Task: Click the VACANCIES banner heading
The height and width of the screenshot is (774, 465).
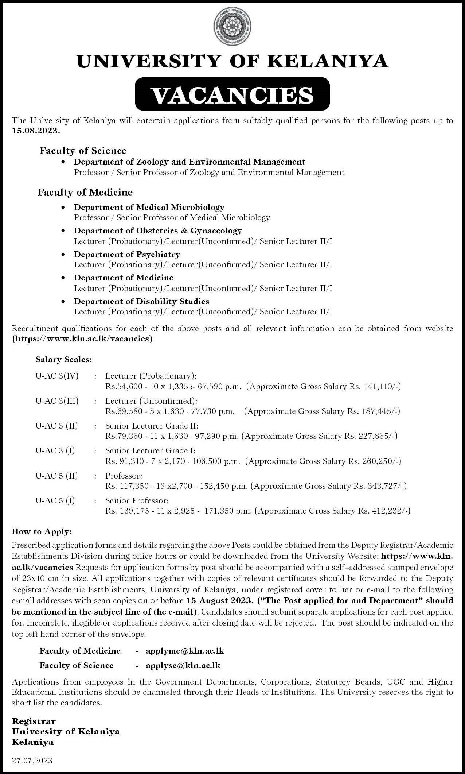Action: click(x=232, y=95)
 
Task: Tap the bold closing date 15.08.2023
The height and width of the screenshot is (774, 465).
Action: click(x=35, y=131)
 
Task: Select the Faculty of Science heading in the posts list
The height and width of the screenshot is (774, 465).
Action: click(x=83, y=150)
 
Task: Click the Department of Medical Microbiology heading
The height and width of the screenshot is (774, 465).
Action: click(x=149, y=207)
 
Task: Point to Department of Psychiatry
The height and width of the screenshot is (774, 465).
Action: click(x=127, y=254)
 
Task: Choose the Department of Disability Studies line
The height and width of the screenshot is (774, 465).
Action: click(x=141, y=301)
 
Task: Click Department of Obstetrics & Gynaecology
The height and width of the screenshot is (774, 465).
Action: click(x=158, y=231)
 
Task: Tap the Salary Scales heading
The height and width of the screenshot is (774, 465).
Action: click(x=64, y=360)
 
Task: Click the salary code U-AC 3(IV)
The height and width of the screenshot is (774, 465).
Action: click(x=57, y=376)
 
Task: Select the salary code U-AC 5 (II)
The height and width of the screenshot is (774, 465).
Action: click(x=57, y=476)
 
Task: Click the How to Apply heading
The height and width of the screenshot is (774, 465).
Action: click(x=42, y=531)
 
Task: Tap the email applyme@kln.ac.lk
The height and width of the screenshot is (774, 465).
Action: click(x=185, y=651)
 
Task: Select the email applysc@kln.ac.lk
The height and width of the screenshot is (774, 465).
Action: click(x=183, y=665)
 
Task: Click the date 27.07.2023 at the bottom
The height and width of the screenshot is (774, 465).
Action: click(x=32, y=761)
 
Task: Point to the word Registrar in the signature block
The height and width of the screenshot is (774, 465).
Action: click(x=34, y=721)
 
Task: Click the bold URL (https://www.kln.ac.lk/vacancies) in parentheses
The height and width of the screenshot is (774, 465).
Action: click(x=82, y=338)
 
